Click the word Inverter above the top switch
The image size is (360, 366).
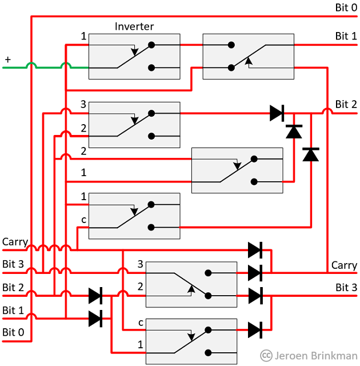click(x=134, y=26)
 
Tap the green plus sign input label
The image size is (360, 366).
click(x=8, y=59)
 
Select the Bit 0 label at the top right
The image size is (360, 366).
click(x=346, y=7)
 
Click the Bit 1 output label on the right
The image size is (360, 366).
click(x=346, y=36)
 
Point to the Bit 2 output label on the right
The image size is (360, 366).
click(x=346, y=104)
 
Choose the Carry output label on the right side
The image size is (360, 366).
click(x=344, y=265)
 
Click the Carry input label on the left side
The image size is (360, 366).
click(x=15, y=242)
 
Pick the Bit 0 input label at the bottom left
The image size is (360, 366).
click(x=14, y=332)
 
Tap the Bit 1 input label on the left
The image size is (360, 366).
click(x=14, y=311)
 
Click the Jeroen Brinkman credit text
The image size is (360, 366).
click(x=315, y=356)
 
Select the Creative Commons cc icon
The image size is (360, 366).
click(x=266, y=356)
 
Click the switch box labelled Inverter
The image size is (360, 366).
click(x=134, y=56)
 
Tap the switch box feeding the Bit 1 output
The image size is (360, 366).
click(x=248, y=56)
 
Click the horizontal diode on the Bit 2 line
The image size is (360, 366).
click(x=277, y=113)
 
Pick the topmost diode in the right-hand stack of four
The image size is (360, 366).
click(x=255, y=249)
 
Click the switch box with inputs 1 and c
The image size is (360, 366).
click(x=134, y=216)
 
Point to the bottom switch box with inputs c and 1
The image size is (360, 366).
click(x=191, y=341)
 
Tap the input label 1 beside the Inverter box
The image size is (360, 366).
click(x=83, y=37)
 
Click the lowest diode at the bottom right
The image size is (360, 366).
click(x=255, y=329)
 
